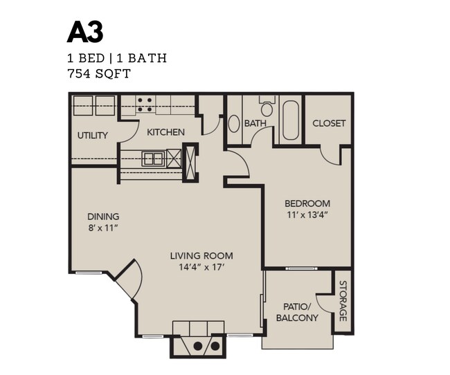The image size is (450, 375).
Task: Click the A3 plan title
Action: [85, 33]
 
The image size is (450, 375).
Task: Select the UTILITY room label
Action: [92, 135]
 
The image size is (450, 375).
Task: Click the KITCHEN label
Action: [165, 131]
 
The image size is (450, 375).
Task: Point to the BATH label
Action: [255, 123]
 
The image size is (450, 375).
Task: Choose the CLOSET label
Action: [329, 123]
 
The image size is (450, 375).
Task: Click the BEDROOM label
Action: [307, 203]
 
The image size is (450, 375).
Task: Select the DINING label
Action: [103, 216]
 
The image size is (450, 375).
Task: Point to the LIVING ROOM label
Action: [201, 255]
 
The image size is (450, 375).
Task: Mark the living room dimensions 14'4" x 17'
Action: [201, 266]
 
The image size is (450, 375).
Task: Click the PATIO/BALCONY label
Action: [297, 312]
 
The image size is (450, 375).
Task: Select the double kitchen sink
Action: [153, 158]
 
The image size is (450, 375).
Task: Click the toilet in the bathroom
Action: [267, 107]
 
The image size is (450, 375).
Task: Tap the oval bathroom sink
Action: [233, 124]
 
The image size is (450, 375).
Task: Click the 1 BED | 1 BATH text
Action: [116, 58]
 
